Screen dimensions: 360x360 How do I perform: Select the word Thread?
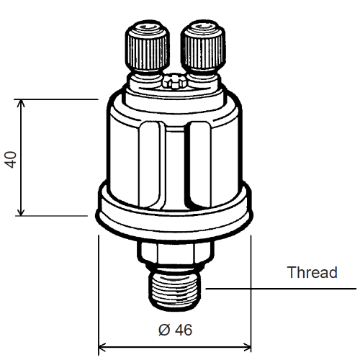(312, 273)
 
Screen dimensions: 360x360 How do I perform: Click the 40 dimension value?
(11, 158)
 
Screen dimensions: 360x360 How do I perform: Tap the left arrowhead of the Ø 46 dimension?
(103, 346)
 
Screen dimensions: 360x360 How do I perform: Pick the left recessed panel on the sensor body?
(150, 155)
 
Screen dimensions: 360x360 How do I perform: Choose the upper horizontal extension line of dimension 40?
(58, 100)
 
